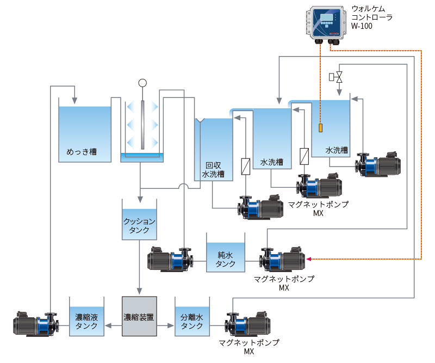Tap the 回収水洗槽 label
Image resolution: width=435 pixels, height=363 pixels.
click(213, 170)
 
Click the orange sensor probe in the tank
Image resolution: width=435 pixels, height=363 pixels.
click(320, 128)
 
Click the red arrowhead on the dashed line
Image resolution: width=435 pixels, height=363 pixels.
click(309, 259)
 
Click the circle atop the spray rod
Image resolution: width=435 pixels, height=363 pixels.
click(142, 83)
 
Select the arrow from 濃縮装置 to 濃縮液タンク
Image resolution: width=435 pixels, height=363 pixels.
click(111, 325)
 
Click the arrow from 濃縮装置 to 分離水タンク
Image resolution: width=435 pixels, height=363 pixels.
click(166, 325)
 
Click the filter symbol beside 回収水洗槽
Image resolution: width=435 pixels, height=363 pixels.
click(245, 165)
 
